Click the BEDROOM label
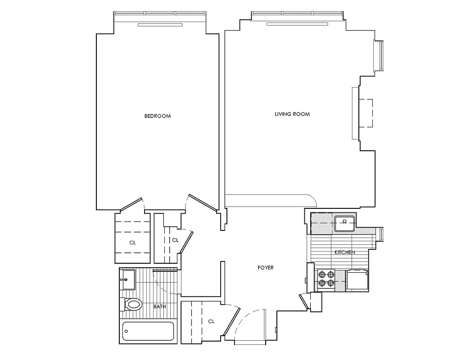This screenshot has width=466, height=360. pos(158,116)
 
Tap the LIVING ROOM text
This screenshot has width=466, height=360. pos(292,114)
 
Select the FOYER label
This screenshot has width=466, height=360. pos(265,268)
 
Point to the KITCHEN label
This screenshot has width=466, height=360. pos(344,252)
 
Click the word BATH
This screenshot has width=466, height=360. pos(159,307)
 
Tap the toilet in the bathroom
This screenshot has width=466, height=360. pos(132,305)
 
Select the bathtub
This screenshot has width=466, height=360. pos(148,333)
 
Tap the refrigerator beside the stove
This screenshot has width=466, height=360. pos(357,280)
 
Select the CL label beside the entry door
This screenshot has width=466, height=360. pos(211,321)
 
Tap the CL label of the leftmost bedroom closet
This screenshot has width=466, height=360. pos(132,243)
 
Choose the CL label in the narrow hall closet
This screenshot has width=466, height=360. pos(175,240)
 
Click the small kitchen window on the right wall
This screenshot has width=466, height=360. pos(381,235)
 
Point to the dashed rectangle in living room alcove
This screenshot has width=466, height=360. pos(366,112)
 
